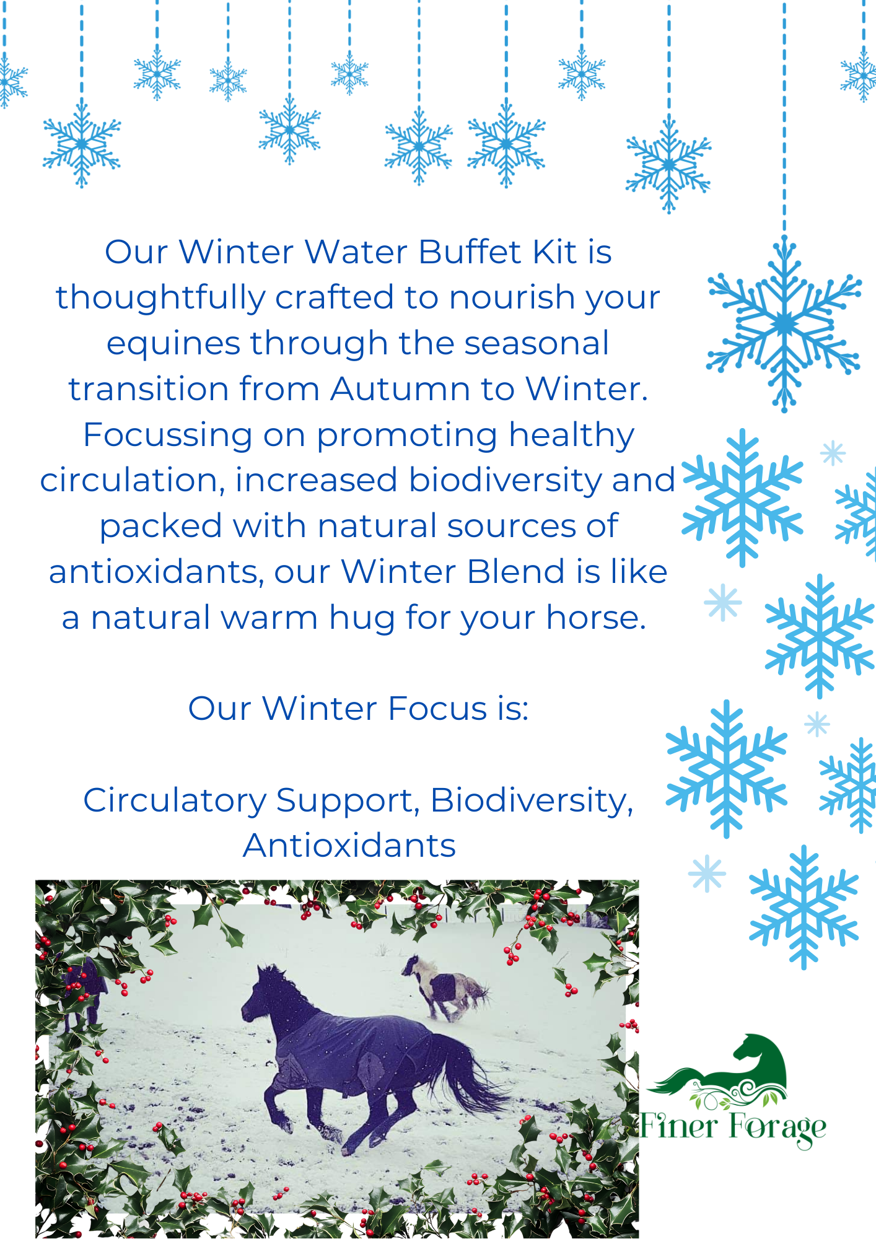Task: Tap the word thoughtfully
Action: coord(160,298)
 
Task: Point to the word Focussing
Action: coord(167,435)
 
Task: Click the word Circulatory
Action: coord(174,800)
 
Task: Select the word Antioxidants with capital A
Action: coord(349,846)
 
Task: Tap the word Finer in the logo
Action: coord(678,1126)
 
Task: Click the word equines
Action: coord(172,344)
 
